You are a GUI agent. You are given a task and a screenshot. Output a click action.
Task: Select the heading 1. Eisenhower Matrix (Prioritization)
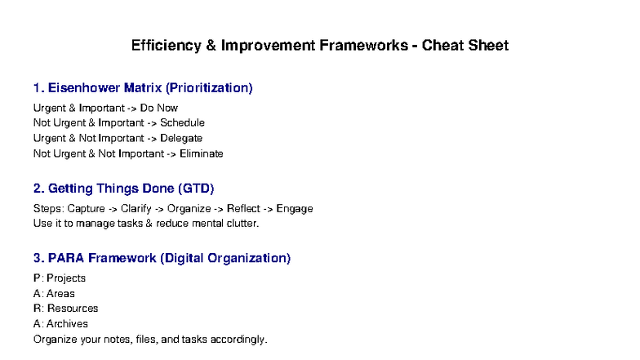[143, 87]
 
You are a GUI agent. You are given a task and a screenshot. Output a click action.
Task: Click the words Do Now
[159, 108]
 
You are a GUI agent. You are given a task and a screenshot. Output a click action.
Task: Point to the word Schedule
[182, 123]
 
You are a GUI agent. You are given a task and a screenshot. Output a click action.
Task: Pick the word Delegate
[181, 138]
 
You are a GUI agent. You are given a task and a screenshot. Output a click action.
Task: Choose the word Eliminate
[201, 153]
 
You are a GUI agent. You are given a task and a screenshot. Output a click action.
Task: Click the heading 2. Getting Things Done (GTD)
[124, 189]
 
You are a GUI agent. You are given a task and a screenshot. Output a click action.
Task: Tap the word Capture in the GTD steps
[86, 209]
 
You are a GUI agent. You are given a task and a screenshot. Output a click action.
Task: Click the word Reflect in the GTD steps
[244, 209]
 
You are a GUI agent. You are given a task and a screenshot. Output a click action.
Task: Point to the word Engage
[295, 209]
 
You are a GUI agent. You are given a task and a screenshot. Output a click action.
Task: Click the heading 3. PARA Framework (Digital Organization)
[162, 259]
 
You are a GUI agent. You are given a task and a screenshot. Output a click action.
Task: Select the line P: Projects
[60, 278]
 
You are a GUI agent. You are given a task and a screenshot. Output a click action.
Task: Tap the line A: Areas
[54, 294]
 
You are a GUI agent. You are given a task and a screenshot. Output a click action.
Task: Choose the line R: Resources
[66, 309]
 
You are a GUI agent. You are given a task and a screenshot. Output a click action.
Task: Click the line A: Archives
[60, 324]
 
